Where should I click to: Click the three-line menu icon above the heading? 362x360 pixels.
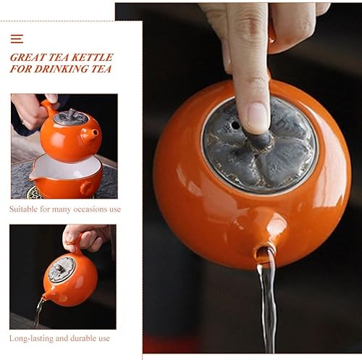17,38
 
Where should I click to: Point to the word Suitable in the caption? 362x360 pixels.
25,209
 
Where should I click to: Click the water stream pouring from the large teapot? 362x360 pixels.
269,304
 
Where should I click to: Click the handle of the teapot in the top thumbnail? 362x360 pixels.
48,109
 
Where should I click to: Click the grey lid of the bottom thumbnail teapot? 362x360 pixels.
61,269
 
